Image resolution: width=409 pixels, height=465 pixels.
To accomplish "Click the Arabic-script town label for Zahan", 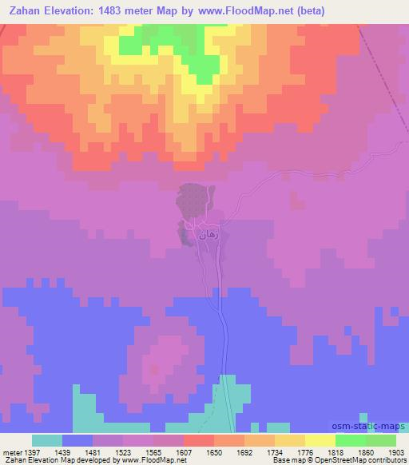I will click(x=200, y=236).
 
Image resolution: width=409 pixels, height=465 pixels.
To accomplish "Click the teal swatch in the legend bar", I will click(x=47, y=440).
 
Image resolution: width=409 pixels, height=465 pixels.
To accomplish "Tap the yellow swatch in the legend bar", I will click(x=320, y=440).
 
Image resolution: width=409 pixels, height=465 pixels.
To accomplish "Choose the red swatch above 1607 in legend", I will click(x=198, y=440).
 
